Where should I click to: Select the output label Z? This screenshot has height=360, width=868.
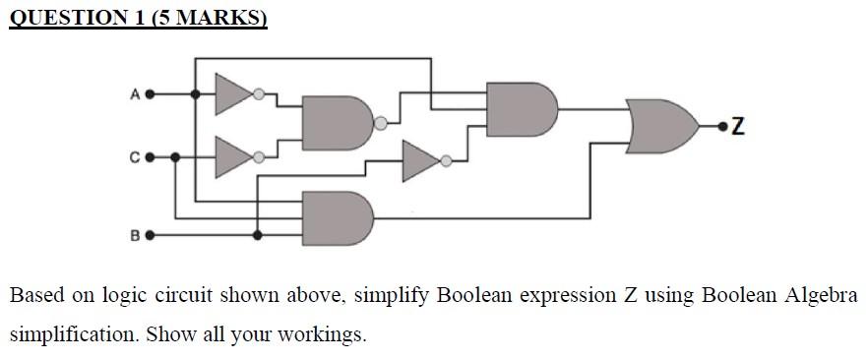737,126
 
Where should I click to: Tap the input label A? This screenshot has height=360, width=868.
134,95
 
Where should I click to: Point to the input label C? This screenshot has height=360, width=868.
134,156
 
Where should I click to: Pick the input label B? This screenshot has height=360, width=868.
134,236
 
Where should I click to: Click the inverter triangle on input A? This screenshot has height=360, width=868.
234,94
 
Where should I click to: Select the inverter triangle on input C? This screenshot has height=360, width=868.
234,155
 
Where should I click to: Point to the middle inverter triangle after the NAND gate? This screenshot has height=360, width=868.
421,160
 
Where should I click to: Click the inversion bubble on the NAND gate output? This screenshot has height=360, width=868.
379,124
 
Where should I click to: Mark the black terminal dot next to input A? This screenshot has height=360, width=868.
151,95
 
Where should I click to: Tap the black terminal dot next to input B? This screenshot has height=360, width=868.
151,236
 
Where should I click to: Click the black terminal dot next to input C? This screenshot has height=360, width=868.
151,156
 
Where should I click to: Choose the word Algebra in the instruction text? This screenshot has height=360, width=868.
819,295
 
